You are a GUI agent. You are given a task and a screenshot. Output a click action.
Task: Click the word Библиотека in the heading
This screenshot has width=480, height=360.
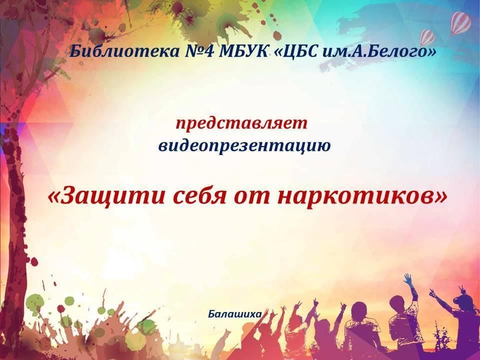coord(124,51)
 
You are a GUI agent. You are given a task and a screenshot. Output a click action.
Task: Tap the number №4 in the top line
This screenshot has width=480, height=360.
coord(198,51)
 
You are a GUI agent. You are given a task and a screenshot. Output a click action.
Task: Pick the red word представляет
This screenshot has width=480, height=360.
coord(241,124)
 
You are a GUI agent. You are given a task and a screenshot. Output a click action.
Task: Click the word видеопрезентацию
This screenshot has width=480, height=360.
coord(244,145)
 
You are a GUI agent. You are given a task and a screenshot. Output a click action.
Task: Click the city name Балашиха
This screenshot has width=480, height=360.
coord(235,314)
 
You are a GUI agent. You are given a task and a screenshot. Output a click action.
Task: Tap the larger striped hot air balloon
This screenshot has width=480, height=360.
coord(460,23)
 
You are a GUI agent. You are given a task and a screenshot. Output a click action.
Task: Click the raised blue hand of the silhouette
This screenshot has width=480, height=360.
coord(408,279)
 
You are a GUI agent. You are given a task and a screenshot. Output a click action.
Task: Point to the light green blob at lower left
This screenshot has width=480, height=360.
coord(34,301)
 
